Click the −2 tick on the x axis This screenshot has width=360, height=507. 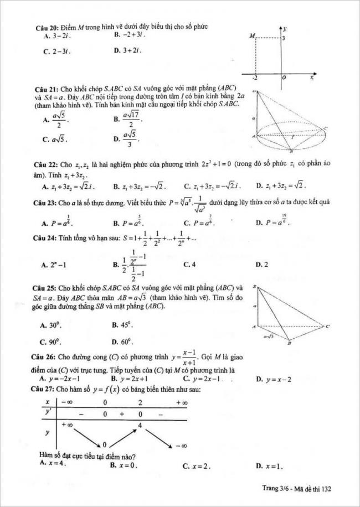pyautogui.click(x=254, y=79)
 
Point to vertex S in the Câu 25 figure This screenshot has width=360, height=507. pyautogui.click(x=254, y=287)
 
